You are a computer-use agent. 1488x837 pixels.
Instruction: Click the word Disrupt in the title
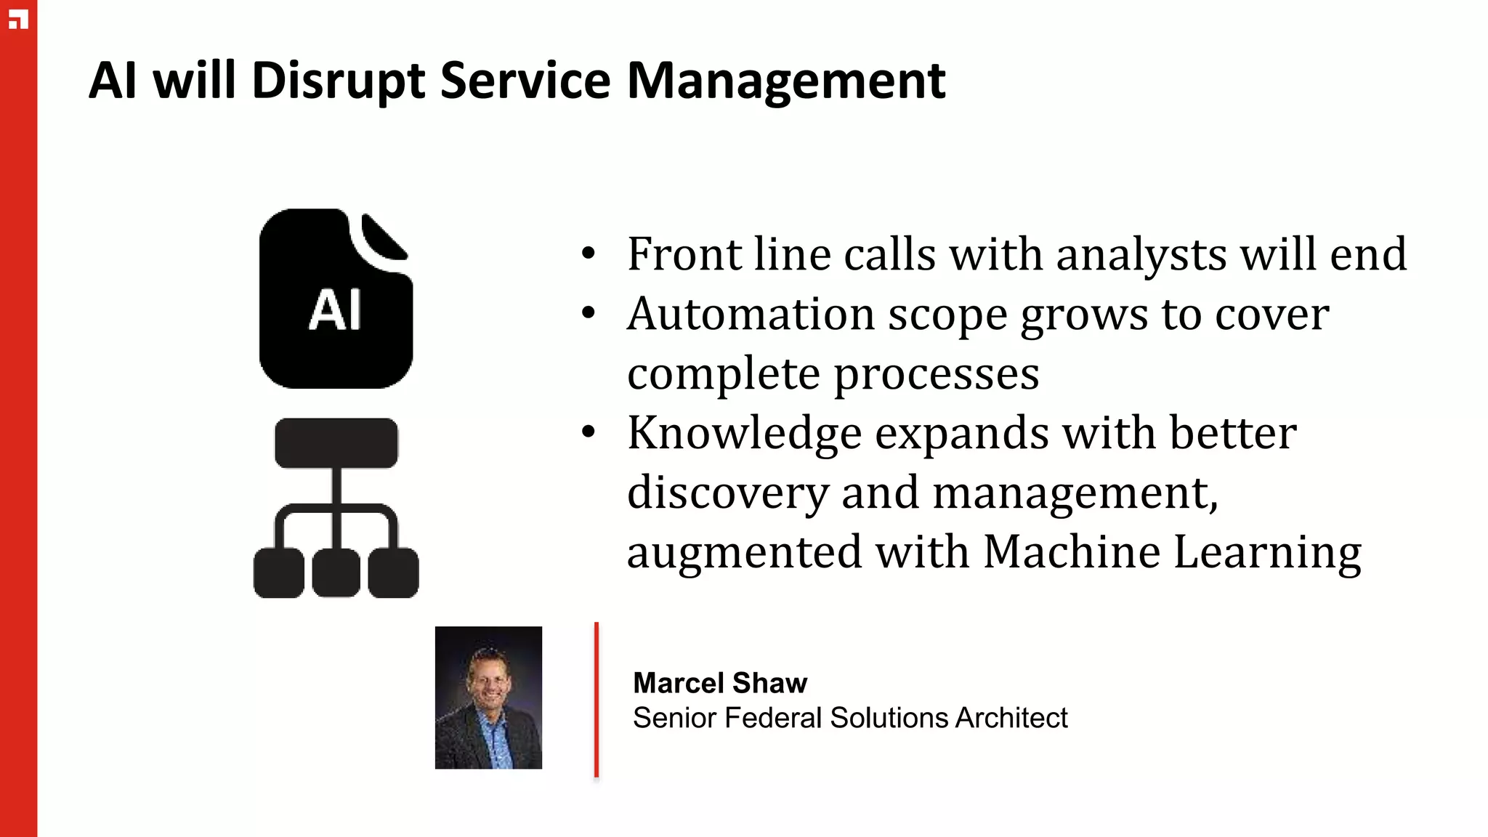pos(338,81)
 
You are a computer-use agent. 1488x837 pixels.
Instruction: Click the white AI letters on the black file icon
pos(335,310)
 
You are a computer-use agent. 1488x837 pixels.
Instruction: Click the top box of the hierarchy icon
pos(336,442)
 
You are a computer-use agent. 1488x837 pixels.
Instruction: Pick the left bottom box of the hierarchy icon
pos(279,573)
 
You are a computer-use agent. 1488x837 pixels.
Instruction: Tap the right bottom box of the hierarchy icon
pos(393,573)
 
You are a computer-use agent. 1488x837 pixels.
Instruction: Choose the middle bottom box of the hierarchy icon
pos(336,573)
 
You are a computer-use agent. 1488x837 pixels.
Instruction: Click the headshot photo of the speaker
pos(488,697)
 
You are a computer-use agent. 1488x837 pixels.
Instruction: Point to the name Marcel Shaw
pos(720,683)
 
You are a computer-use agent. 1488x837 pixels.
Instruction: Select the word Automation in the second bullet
pos(751,315)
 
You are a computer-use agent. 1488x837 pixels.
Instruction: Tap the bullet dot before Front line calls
pos(589,254)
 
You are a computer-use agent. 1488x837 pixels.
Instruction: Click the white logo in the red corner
pos(18,20)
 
